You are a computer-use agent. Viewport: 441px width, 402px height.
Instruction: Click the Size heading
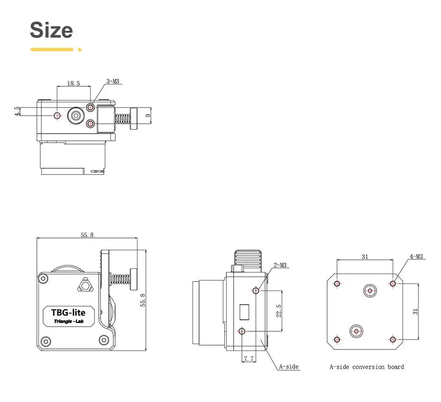[51, 30]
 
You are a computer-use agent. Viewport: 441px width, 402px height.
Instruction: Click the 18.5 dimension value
[73, 83]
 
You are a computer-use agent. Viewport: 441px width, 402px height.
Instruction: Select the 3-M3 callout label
[112, 81]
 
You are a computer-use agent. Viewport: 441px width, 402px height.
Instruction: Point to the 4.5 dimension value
[18, 111]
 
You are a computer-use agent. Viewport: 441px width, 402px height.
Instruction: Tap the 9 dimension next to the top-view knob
[148, 115]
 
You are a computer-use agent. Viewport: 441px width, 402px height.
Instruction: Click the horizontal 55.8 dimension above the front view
[87, 235]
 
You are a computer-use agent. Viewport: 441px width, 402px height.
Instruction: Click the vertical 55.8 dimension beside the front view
[142, 300]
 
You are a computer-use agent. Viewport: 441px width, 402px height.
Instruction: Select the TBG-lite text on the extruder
[68, 312]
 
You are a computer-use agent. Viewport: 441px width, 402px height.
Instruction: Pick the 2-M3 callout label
[280, 265]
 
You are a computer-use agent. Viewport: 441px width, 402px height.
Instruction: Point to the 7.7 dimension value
[248, 359]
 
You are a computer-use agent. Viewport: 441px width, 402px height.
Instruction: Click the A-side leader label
[288, 366]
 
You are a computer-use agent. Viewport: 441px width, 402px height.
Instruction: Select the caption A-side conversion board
[367, 366]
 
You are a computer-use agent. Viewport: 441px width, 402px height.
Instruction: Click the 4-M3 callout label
[417, 256]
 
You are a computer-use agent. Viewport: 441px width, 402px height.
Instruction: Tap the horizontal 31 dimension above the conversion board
[365, 256]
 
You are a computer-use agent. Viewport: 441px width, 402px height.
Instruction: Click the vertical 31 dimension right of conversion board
[415, 311]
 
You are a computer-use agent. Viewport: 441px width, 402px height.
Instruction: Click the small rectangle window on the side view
[245, 312]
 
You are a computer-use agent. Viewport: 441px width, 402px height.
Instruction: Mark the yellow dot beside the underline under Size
[80, 49]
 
